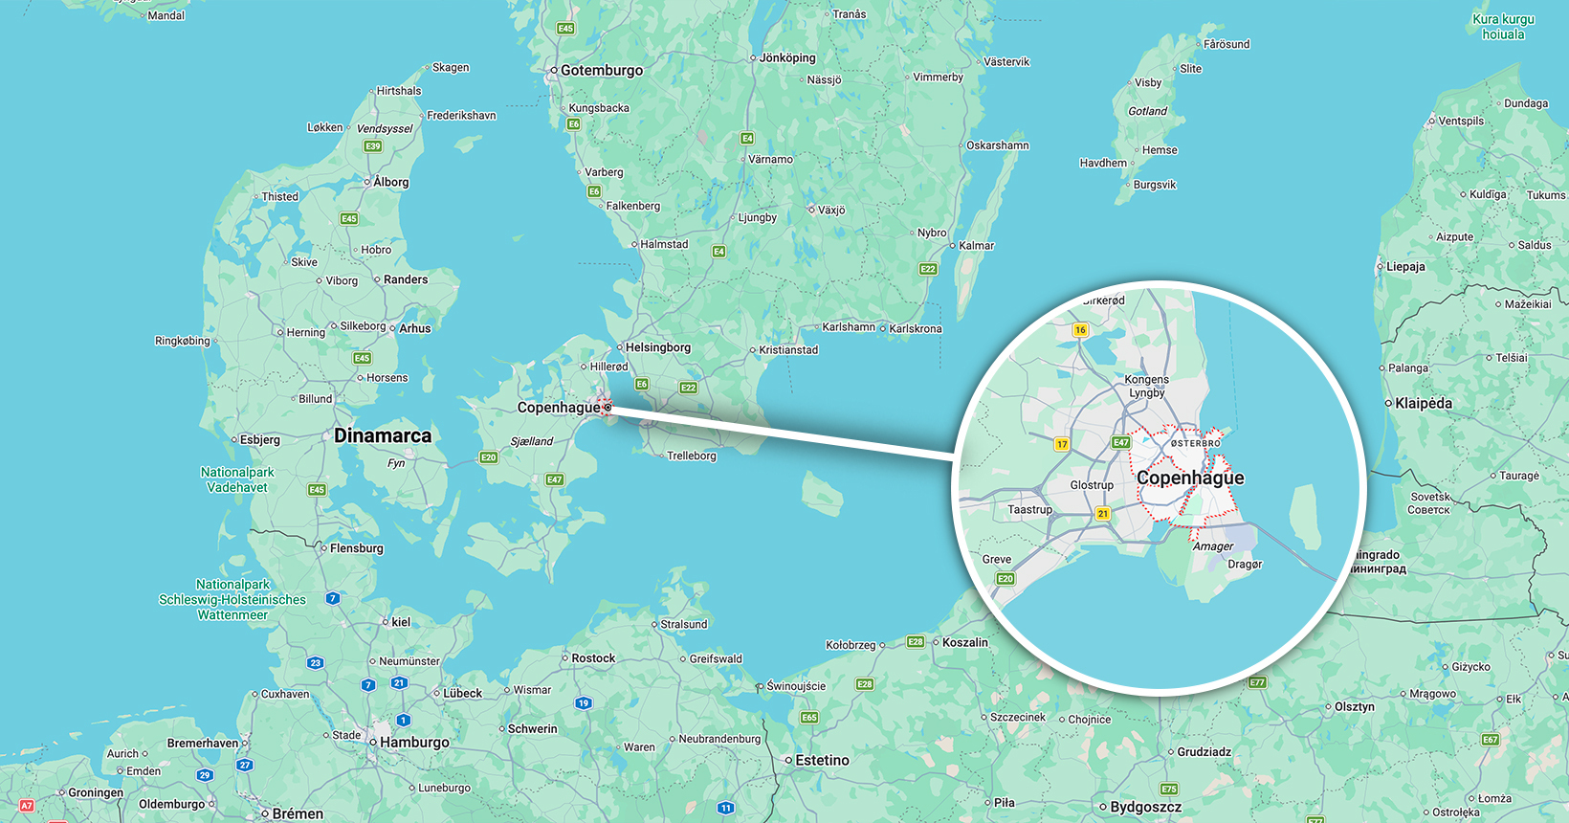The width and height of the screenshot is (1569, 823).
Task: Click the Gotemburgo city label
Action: point(602,71)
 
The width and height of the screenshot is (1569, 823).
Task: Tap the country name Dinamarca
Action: point(383,436)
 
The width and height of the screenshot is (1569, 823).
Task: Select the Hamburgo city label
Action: point(414,743)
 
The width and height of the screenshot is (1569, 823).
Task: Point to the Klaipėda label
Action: point(1424,404)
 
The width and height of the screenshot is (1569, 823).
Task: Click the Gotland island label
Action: point(1147,111)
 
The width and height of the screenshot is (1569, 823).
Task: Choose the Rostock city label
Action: point(593,658)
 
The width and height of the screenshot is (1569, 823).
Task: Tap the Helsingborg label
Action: point(657,347)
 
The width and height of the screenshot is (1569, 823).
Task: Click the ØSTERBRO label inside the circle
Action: point(1196,444)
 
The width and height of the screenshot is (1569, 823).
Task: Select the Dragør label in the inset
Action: point(1245,565)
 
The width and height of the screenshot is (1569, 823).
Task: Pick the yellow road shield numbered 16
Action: point(1080,330)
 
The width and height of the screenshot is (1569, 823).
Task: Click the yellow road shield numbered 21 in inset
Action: point(1103,514)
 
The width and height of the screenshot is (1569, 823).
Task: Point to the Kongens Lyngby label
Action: point(1147,387)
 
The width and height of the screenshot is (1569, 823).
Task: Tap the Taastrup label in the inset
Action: point(1029,510)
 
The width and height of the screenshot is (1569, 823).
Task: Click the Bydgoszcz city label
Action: point(1145,808)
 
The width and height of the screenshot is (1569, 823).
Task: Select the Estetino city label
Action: point(822,761)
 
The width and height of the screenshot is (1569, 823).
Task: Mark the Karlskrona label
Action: point(916,329)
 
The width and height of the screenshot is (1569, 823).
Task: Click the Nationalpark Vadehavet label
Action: point(237,479)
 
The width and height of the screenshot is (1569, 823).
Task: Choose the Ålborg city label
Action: point(390,182)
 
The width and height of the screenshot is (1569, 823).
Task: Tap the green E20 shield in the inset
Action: point(1005,579)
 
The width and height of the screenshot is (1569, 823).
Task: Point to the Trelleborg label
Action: point(691,456)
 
